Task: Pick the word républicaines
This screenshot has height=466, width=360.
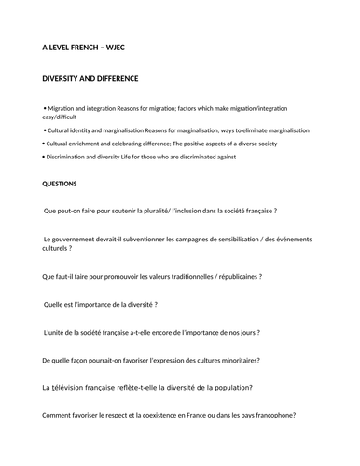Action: tap(228, 276)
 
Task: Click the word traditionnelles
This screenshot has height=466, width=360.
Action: tap(180, 276)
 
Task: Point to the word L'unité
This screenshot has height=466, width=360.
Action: tap(58, 332)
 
